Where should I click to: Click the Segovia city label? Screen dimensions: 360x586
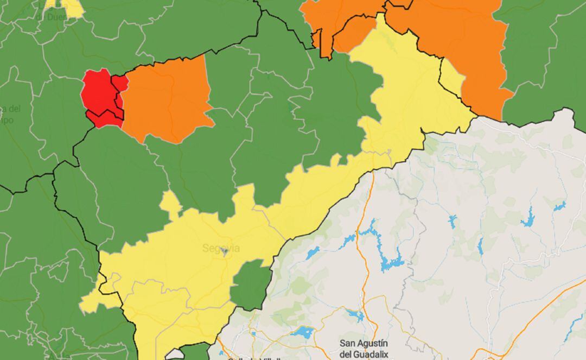[221, 249]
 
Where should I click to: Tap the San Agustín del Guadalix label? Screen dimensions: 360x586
[364, 349]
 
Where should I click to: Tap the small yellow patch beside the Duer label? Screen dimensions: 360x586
[73, 8]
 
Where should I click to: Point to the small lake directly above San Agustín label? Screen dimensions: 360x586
[355, 314]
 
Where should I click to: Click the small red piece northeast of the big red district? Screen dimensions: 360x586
[120, 83]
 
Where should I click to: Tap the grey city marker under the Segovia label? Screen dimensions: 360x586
[224, 252]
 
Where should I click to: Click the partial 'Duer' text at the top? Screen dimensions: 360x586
[52, 16]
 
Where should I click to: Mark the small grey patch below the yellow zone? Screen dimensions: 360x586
[175, 354]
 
